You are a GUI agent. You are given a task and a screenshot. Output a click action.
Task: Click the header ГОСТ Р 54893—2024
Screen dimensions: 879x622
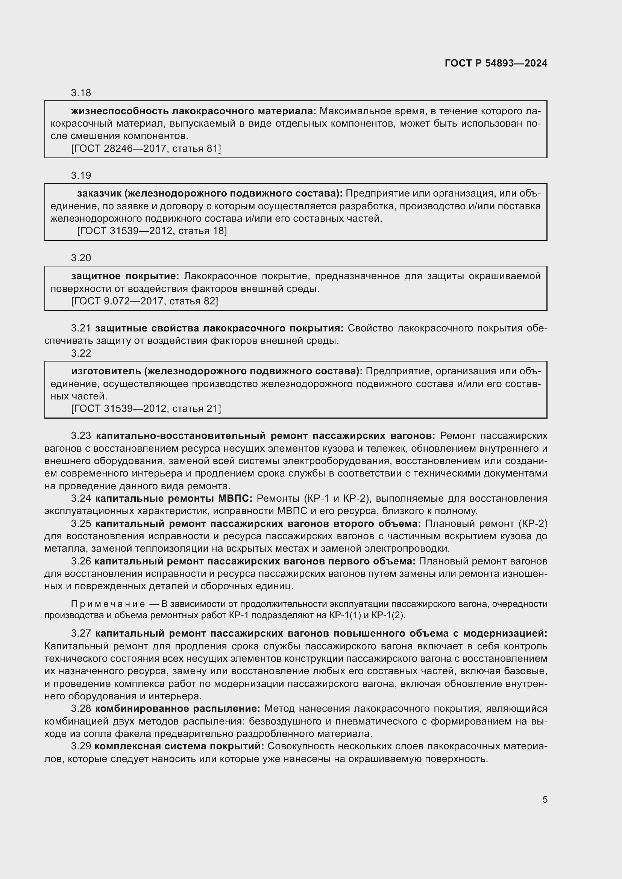(x=496, y=64)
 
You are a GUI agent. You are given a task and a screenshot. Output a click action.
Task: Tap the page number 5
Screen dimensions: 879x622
(x=545, y=799)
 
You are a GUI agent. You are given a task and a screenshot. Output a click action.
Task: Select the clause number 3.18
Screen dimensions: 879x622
(x=81, y=93)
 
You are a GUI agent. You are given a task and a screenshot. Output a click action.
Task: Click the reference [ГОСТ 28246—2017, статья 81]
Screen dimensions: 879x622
(x=146, y=148)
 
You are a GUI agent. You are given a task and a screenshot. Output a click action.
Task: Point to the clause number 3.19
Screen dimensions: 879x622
(x=81, y=176)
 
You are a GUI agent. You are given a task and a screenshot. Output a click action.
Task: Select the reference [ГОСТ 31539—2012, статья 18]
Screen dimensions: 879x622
(x=152, y=231)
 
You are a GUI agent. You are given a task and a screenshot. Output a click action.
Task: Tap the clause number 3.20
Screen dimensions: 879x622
(x=81, y=258)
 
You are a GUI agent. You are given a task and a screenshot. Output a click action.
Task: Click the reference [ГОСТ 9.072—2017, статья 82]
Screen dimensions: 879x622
(x=144, y=301)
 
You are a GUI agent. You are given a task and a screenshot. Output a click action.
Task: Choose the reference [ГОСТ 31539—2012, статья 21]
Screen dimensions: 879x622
(x=146, y=409)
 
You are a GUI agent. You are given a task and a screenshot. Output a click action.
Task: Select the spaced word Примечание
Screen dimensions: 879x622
(x=108, y=604)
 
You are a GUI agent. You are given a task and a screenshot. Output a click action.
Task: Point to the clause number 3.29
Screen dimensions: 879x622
(x=81, y=746)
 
